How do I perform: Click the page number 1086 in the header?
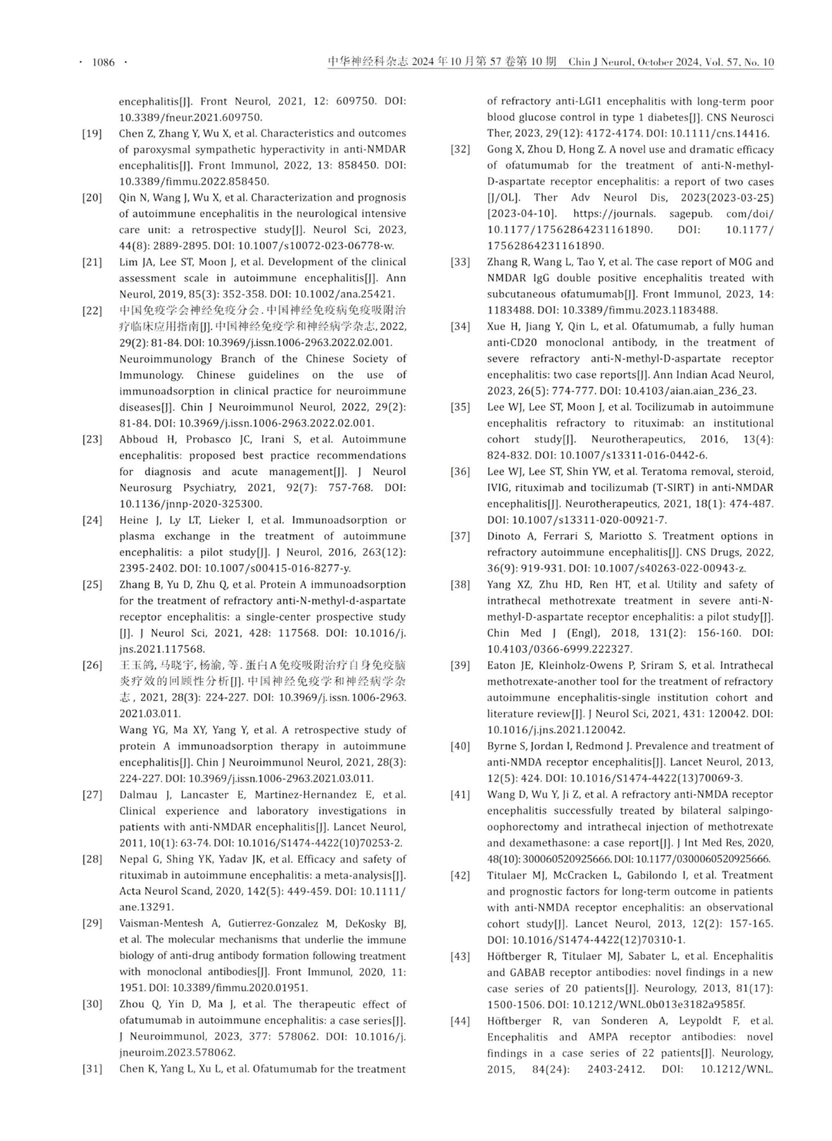103,62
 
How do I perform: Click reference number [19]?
92,133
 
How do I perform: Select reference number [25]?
92,585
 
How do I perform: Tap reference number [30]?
92,1004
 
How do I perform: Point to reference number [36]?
460,472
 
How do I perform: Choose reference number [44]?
460,1021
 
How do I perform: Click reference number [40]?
460,746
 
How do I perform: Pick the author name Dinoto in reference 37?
505,536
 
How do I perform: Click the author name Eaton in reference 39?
502,666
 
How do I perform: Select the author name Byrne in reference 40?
503,746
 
